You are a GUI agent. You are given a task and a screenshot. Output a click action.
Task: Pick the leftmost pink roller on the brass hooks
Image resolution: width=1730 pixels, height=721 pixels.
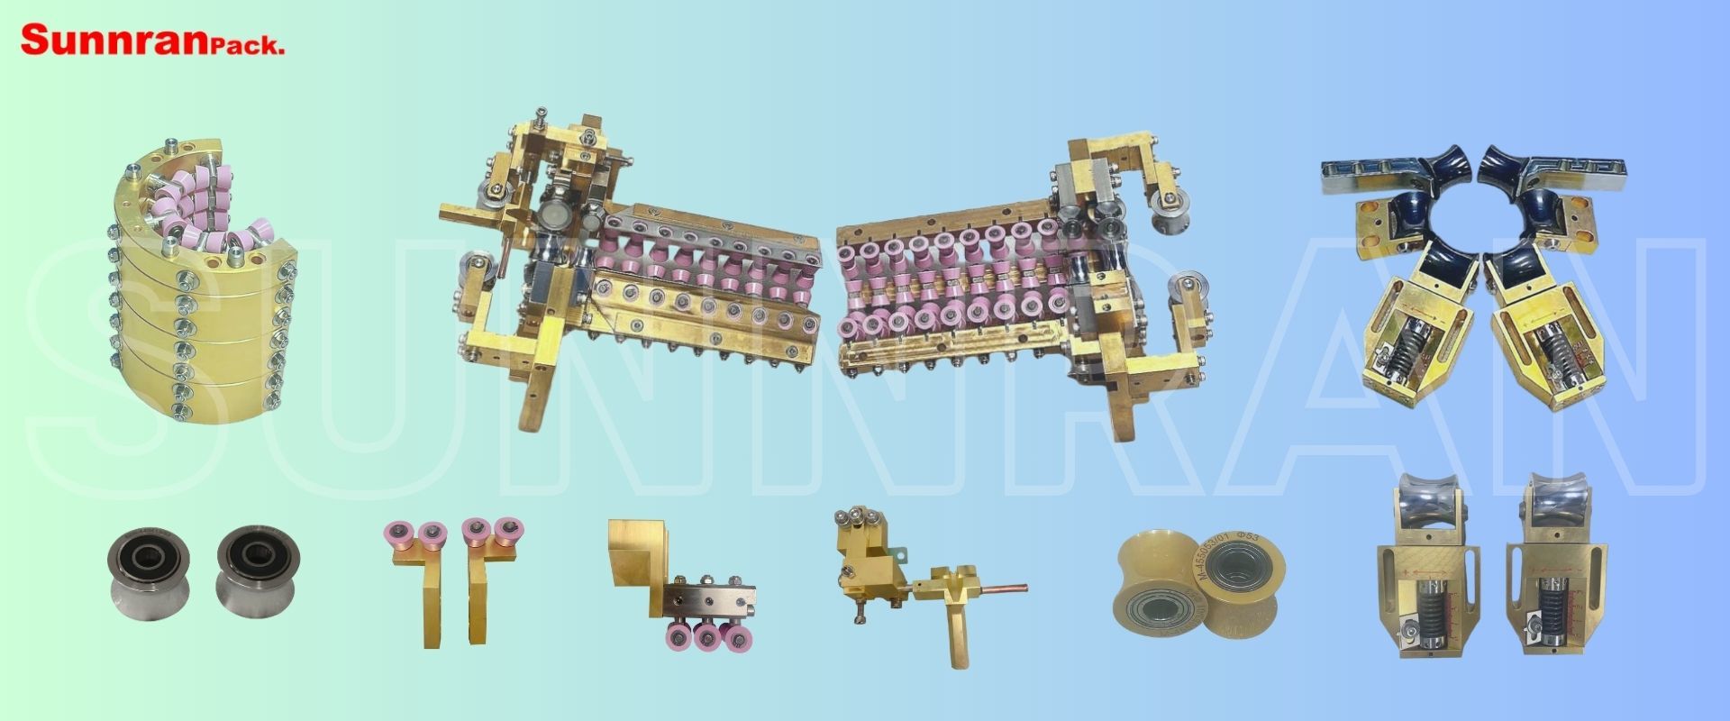tap(396, 533)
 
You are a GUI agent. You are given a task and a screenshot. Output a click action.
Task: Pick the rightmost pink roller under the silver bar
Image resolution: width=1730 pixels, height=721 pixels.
tap(739, 637)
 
